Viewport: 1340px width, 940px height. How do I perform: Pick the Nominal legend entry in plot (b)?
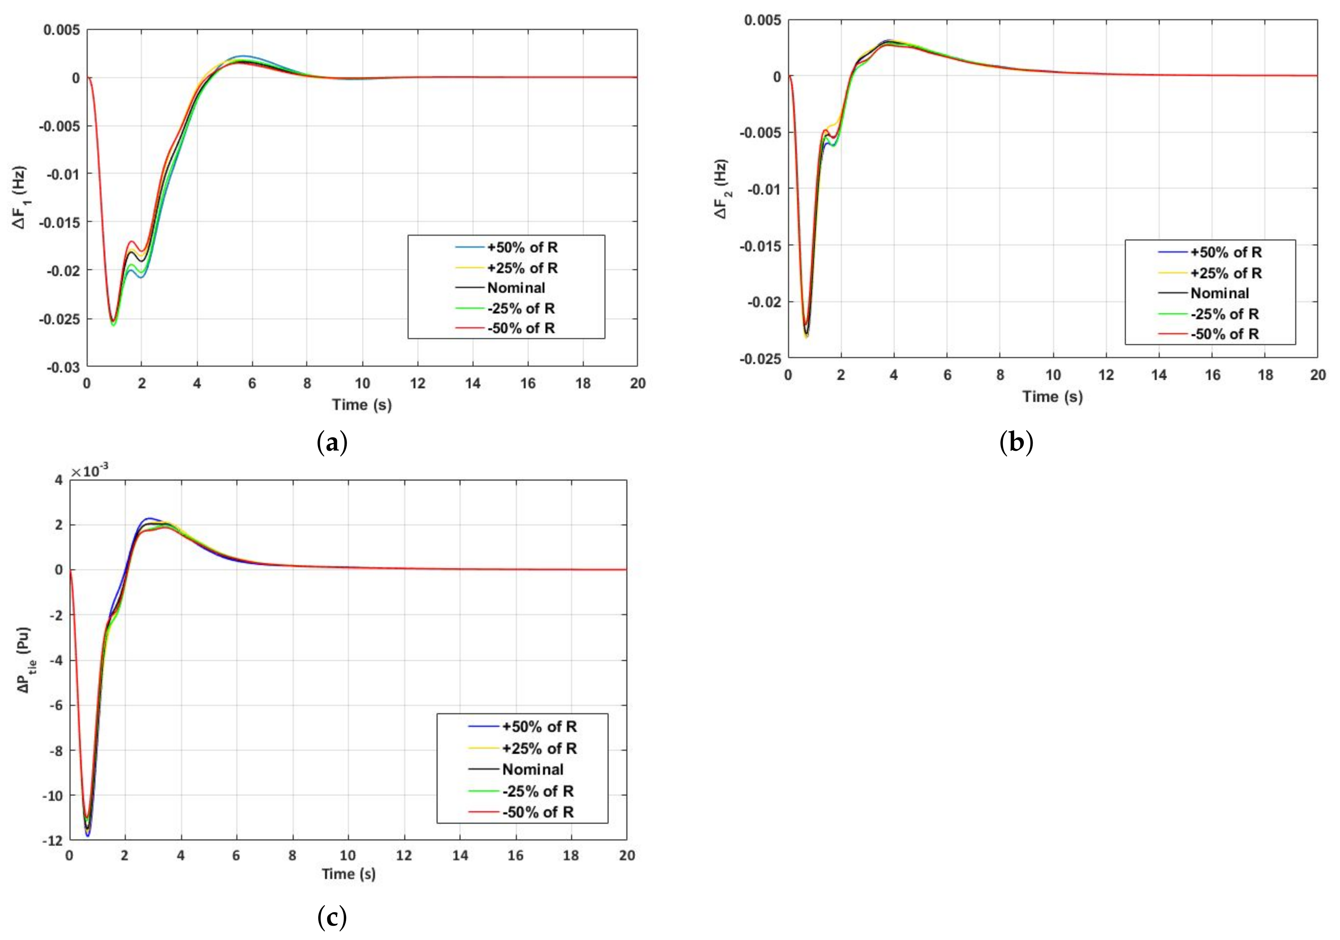pos(1220,293)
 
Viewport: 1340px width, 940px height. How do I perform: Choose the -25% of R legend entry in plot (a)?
pos(521,308)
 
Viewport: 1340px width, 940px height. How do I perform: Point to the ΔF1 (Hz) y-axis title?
pos(21,197)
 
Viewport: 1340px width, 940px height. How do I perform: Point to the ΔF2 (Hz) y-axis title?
pos(722,188)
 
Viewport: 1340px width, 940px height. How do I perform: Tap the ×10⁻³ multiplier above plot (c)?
pos(89,471)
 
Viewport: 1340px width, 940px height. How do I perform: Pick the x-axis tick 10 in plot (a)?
pos(362,384)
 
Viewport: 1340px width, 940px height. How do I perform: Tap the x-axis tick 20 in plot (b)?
pos(1317,375)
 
